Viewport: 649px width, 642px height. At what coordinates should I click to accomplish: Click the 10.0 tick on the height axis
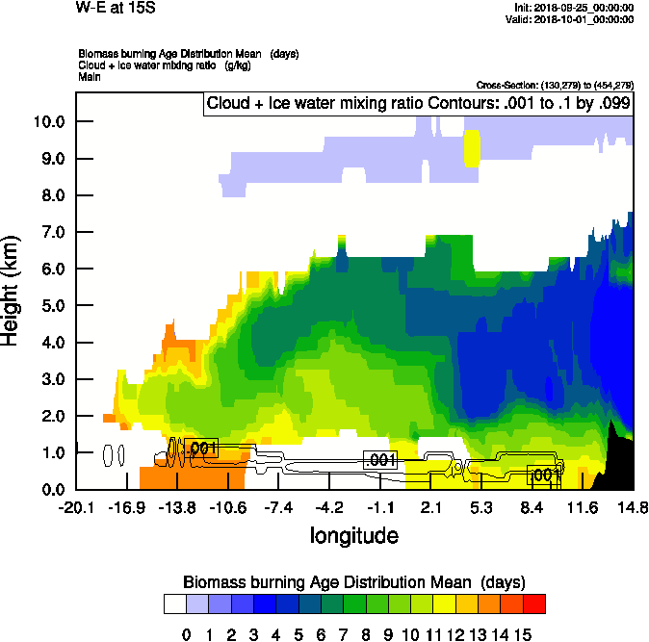click(x=49, y=122)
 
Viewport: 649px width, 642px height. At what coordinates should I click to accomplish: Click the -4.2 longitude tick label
click(x=330, y=508)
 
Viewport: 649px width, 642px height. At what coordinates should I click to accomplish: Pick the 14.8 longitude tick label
click(x=633, y=508)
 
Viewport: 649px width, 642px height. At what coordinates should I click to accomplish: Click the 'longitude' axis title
click(x=353, y=534)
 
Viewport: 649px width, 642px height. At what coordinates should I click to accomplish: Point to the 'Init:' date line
click(x=574, y=8)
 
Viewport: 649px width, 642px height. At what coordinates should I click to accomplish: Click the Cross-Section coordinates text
click(x=555, y=85)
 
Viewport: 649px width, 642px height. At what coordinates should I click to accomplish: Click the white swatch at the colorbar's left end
click(x=174, y=603)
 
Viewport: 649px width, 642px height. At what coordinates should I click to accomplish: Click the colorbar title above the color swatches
click(x=353, y=582)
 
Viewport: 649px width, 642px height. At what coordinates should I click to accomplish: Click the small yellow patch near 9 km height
click(x=472, y=147)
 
